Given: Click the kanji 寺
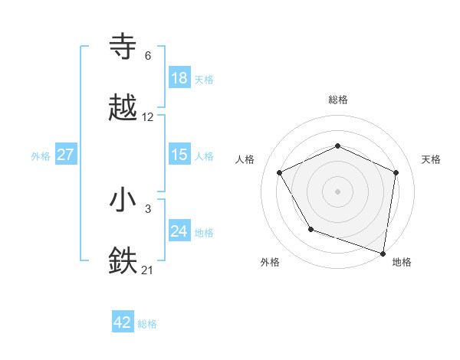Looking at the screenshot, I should click(x=123, y=46).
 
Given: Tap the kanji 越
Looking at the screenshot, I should click(x=123, y=108).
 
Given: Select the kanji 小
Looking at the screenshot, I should click(x=123, y=200).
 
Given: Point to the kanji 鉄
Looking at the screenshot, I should click(x=123, y=260).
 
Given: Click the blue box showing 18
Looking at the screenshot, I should click(x=179, y=78).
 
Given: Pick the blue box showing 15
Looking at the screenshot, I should click(x=179, y=155).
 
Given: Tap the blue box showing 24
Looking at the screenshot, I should click(x=179, y=231).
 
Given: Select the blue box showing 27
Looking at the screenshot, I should click(x=66, y=155).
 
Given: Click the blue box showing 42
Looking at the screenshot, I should click(x=123, y=322).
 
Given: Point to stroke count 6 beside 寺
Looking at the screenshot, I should click(x=148, y=56).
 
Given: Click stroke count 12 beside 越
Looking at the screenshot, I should click(x=148, y=117).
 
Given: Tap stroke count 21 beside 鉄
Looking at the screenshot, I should click(x=148, y=270).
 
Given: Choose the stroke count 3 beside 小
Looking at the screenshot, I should click(x=148, y=208).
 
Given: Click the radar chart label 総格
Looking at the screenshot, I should click(x=338, y=100).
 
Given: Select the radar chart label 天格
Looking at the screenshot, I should click(x=431, y=159).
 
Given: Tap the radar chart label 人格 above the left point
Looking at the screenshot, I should click(x=245, y=159).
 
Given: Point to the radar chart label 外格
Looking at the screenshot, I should click(x=270, y=262).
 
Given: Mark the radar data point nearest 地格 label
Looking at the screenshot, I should click(x=383, y=252).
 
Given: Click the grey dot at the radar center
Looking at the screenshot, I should click(x=338, y=191).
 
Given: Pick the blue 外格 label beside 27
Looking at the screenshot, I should click(x=41, y=156).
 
